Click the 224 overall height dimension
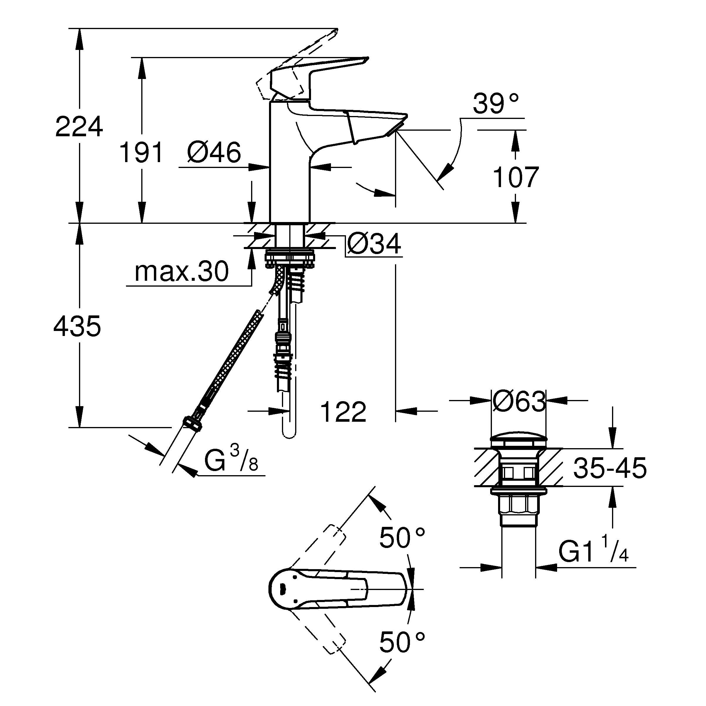pyautogui.click(x=79, y=127)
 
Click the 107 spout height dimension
pyautogui.click(x=516, y=177)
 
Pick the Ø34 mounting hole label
pyautogui.click(x=374, y=244)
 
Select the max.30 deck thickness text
pyautogui.click(x=181, y=272)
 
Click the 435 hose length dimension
pyautogui.click(x=77, y=326)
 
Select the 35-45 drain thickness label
pyautogui.click(x=610, y=468)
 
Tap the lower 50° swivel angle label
pyautogui.click(x=402, y=643)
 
